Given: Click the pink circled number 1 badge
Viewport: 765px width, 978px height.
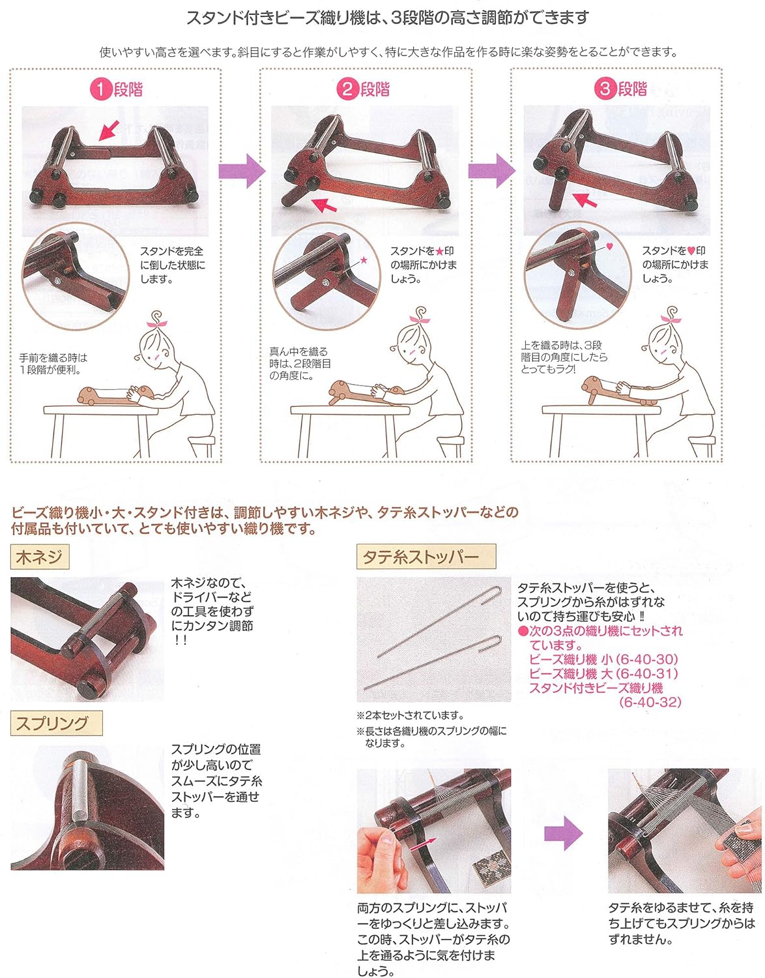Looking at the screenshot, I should click(101, 89).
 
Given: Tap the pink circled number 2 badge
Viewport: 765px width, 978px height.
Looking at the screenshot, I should click(348, 89).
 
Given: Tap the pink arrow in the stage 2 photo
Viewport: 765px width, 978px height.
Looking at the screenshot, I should click(325, 205).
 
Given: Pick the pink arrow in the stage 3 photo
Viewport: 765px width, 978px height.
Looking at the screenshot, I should click(584, 200).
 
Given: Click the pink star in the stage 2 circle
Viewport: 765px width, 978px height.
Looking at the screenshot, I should click(364, 260).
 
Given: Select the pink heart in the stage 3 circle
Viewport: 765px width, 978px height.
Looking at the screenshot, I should click(610, 246).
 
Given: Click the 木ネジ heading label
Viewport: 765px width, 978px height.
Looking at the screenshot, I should click(40, 557).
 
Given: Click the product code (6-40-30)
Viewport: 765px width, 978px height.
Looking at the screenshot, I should click(647, 659).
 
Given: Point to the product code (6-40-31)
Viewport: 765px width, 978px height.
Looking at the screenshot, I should click(647, 674).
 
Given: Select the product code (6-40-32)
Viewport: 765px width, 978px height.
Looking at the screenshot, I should click(650, 702).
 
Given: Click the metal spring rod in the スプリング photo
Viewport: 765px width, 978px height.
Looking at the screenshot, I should click(78, 789).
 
